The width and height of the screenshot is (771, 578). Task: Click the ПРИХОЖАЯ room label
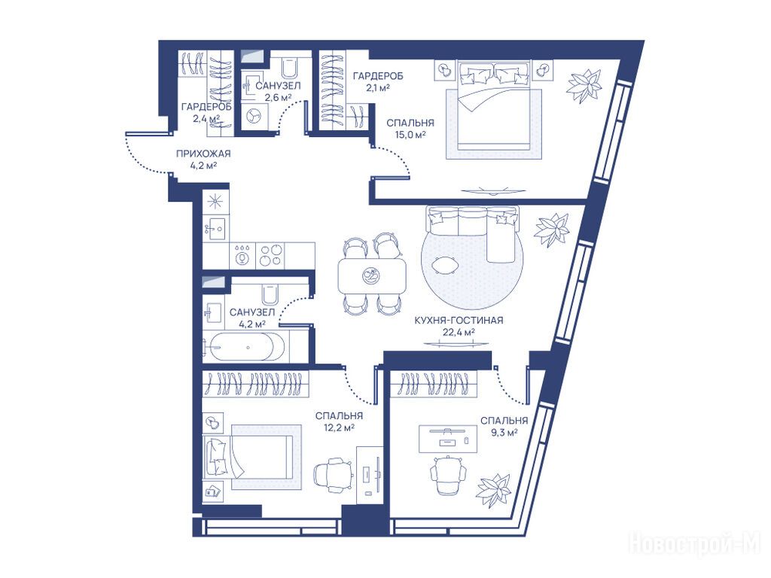203,154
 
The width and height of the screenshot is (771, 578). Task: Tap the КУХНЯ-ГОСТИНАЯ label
459,321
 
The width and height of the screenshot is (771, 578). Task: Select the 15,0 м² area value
410,135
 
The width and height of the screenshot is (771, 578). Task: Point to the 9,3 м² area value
504,433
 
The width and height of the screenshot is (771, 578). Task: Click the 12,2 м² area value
340,427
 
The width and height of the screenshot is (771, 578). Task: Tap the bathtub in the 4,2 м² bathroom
243,347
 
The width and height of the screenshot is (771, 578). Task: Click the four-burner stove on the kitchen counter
271,255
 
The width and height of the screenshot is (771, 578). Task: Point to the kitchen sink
215,228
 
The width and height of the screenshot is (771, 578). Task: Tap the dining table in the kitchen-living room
372,275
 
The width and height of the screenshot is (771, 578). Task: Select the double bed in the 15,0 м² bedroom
494,105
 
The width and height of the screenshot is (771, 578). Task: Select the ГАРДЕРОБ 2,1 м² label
378,81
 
